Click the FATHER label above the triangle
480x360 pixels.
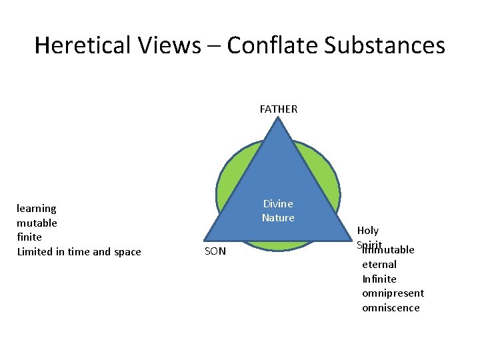[279, 109]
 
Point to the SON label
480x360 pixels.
[215, 251]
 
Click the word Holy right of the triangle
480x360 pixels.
[368, 231]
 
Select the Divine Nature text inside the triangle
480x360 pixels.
[278, 211]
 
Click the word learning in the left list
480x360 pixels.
[37, 209]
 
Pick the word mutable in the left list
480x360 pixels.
[37, 223]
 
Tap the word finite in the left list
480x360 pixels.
[29, 237]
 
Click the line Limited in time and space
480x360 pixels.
[79, 251]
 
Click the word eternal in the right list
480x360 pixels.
[379, 265]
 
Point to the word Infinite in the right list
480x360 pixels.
[379, 279]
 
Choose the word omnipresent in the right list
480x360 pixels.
[393, 293]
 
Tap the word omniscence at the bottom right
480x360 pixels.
[391, 307]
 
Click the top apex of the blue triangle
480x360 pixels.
[279, 122]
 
